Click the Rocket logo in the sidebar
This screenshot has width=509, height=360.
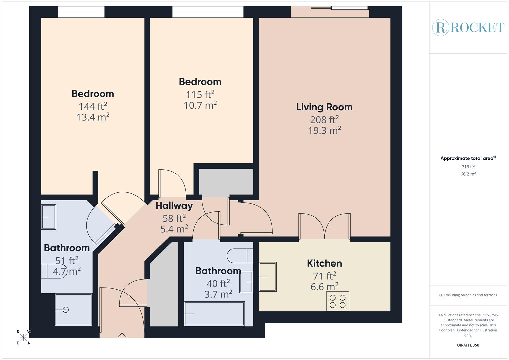pos(468,27)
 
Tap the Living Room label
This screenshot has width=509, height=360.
pos(324,107)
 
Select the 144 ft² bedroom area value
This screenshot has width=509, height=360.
pos(93,106)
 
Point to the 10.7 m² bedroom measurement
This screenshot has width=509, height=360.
pos(200,105)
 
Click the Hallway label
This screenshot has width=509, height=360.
pos(174,206)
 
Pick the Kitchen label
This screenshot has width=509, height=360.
pos(324,263)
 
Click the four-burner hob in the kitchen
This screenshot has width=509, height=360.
pos(337,301)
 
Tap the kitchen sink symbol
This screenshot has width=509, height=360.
pos(268,277)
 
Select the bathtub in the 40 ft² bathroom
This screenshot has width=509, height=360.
pos(214,313)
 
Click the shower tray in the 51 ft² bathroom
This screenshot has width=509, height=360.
pos(73,309)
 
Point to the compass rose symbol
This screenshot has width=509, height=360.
pos(23,337)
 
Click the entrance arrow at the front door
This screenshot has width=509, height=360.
pos(122,337)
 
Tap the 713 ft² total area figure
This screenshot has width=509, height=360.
pos(468,167)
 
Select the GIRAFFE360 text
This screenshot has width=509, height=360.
pos(468,345)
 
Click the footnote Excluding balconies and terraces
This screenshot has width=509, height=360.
pos(468,295)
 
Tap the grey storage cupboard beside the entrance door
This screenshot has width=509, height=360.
pos(163,293)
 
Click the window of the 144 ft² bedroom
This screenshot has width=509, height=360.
pos(81,12)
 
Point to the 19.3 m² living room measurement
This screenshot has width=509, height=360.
pos(324,130)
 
